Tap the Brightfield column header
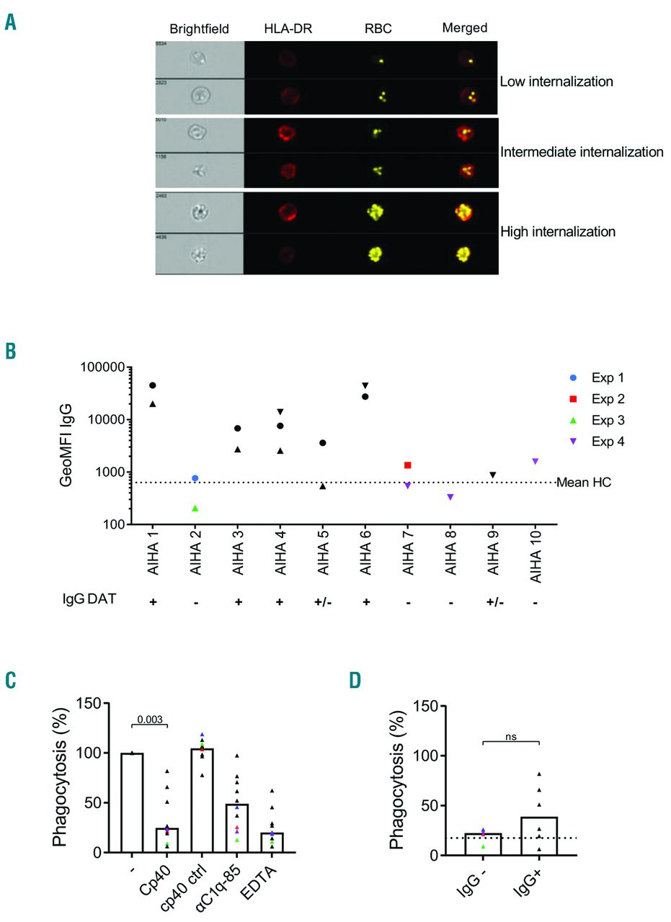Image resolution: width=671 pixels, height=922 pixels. coord(199,29)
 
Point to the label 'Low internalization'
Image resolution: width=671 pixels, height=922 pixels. coord(556,81)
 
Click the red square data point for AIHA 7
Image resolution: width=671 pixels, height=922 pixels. coord(407,465)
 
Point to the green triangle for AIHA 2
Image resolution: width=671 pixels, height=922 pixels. coord(195,509)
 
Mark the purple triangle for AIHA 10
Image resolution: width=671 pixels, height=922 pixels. coord(534,461)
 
